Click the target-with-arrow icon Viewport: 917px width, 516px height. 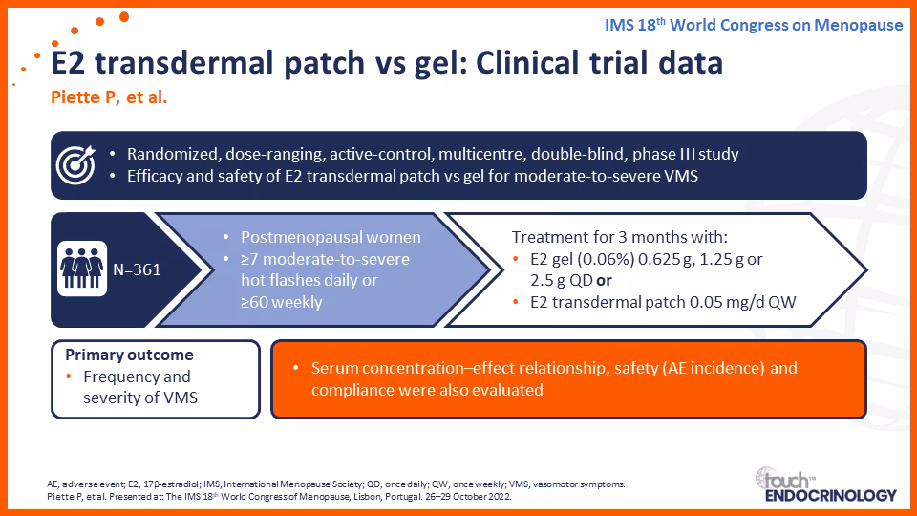coord(75,165)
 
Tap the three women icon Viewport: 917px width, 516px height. coord(82,269)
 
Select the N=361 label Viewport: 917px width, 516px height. coord(137,269)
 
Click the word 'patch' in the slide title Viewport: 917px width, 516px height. coord(324,63)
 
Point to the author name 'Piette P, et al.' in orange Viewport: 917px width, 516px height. coord(109,97)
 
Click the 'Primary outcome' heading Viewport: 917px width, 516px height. coord(129,355)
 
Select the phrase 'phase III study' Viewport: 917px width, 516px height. coord(686,154)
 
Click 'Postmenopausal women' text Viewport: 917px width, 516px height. coord(331,237)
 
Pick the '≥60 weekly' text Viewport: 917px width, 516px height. coord(281,303)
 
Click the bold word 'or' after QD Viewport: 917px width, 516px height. coord(604,281)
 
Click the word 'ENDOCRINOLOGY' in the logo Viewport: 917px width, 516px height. coord(831,496)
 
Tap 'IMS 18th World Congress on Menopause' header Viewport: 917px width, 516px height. coord(754,25)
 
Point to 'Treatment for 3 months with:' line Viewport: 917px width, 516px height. coord(620,237)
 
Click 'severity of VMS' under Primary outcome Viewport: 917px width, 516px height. coord(140,398)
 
